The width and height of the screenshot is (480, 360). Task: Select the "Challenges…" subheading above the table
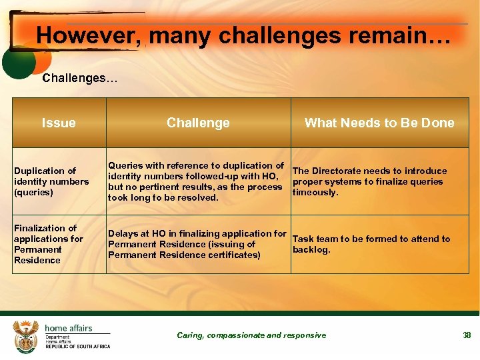click(79, 78)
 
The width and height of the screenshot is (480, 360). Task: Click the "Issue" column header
click(59, 123)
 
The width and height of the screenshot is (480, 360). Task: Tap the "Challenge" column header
click(198, 123)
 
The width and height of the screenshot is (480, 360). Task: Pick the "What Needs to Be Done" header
click(379, 123)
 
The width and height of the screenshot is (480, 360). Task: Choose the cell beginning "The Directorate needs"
click(379, 181)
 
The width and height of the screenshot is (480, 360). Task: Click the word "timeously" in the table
click(315, 193)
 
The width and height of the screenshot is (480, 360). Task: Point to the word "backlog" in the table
click(311, 250)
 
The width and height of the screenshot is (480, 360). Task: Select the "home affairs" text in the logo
click(69, 328)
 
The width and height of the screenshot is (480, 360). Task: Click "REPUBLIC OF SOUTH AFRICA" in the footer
click(77, 347)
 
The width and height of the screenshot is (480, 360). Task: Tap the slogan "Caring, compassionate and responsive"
click(251, 335)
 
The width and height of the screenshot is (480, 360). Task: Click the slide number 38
click(467, 335)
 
